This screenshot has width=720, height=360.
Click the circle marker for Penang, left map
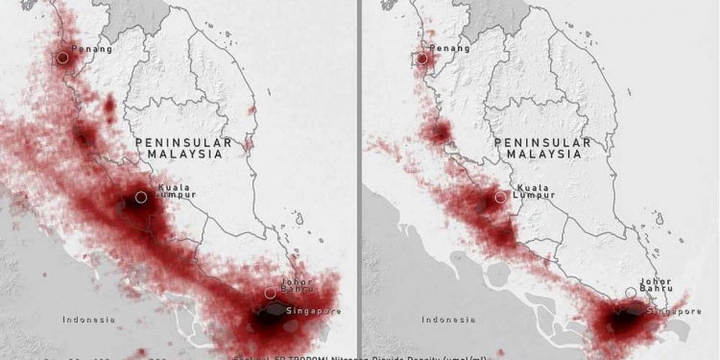[x=62, y=58]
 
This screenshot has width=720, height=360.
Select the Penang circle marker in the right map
[x=421, y=59]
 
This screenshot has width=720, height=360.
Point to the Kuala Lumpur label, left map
[x=175, y=191]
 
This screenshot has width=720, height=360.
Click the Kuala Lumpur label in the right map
[x=535, y=191]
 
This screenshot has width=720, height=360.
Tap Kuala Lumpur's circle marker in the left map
[x=141, y=197]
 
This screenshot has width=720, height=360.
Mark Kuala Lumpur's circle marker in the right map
[x=500, y=197]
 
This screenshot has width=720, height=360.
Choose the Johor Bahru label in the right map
[x=657, y=286]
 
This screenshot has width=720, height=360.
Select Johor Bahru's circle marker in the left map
[x=271, y=293]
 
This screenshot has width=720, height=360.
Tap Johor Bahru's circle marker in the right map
[x=631, y=292]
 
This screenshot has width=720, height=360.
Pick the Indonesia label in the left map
[x=89, y=319]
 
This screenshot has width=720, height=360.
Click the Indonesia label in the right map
[x=448, y=319]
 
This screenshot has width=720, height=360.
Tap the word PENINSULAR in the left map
[x=183, y=142]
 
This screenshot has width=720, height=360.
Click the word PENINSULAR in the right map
[x=542, y=142]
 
